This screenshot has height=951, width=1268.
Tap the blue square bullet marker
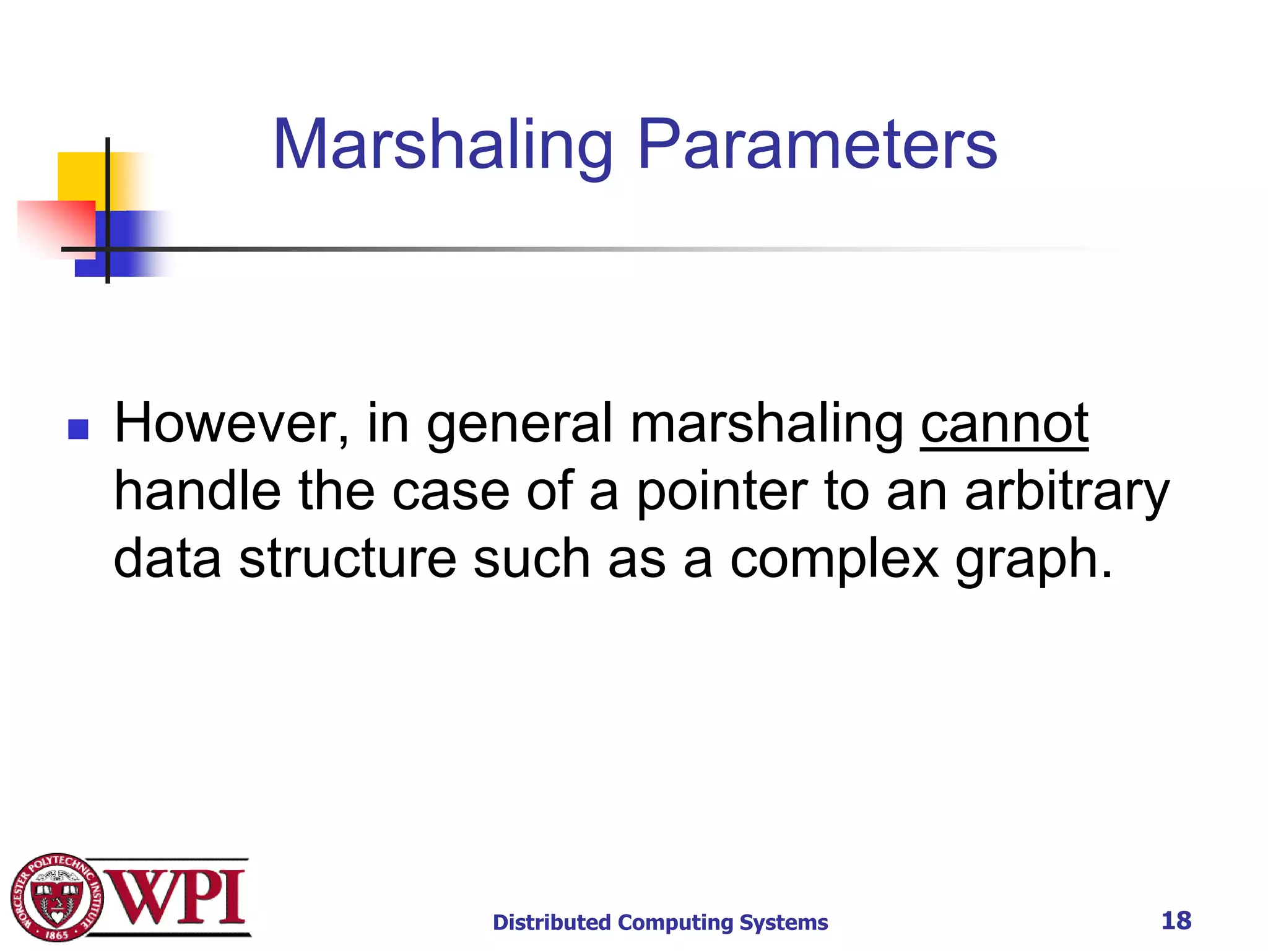pyautogui.click(x=78, y=429)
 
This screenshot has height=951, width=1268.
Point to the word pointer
pyautogui.click(x=722, y=492)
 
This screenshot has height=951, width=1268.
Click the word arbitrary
pyautogui.click(x=1067, y=492)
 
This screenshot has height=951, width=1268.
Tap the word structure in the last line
pyautogui.click(x=347, y=559)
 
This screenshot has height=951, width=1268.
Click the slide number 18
pyautogui.click(x=1176, y=921)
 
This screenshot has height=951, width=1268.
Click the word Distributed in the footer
pyautogui.click(x=551, y=923)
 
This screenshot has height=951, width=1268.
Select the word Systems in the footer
pyautogui.click(x=784, y=923)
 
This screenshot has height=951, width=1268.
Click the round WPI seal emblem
pyautogui.click(x=57, y=898)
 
